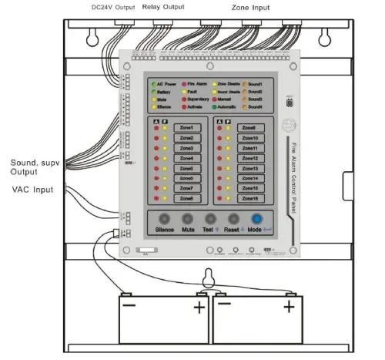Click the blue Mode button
point(257,218)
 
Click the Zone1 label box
point(186,128)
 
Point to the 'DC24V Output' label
point(107,7)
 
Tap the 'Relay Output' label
point(164,7)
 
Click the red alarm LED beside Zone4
point(156,158)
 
